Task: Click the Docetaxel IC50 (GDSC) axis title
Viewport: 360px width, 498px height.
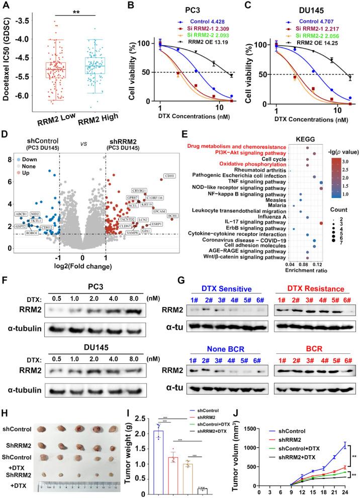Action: click(x=7, y=59)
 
